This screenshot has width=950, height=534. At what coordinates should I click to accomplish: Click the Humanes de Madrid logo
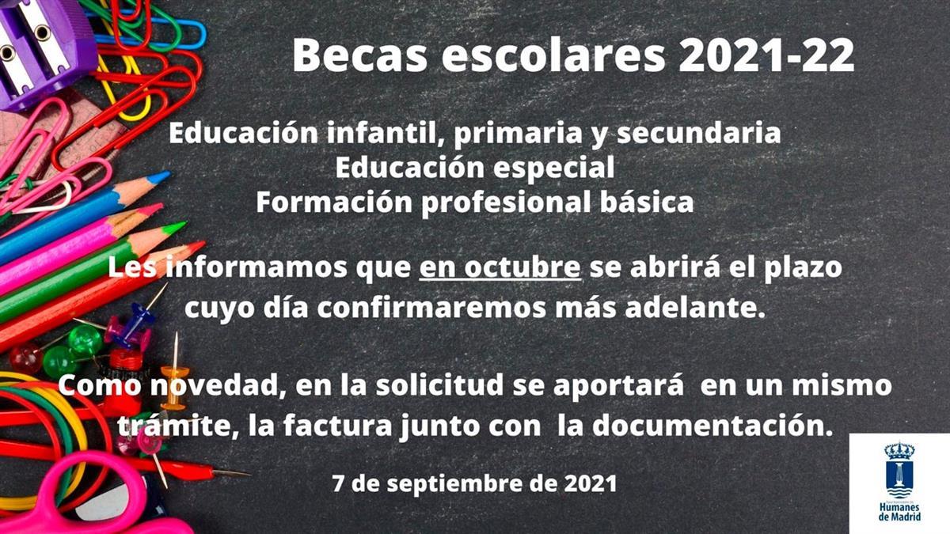tap(899, 483)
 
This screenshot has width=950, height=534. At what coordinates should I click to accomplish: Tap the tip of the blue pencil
tap(162, 176)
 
